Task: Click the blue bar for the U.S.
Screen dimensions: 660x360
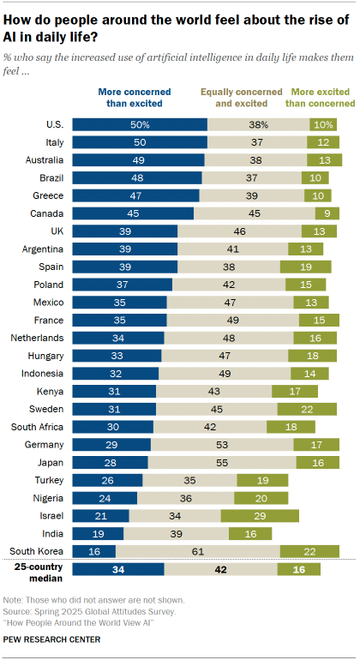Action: [140, 124]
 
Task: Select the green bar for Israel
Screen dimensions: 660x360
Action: [259, 515]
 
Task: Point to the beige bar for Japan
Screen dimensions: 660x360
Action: [221, 462]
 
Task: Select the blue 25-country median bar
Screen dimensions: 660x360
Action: [118, 569]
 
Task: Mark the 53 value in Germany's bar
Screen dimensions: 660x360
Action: [221, 444]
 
